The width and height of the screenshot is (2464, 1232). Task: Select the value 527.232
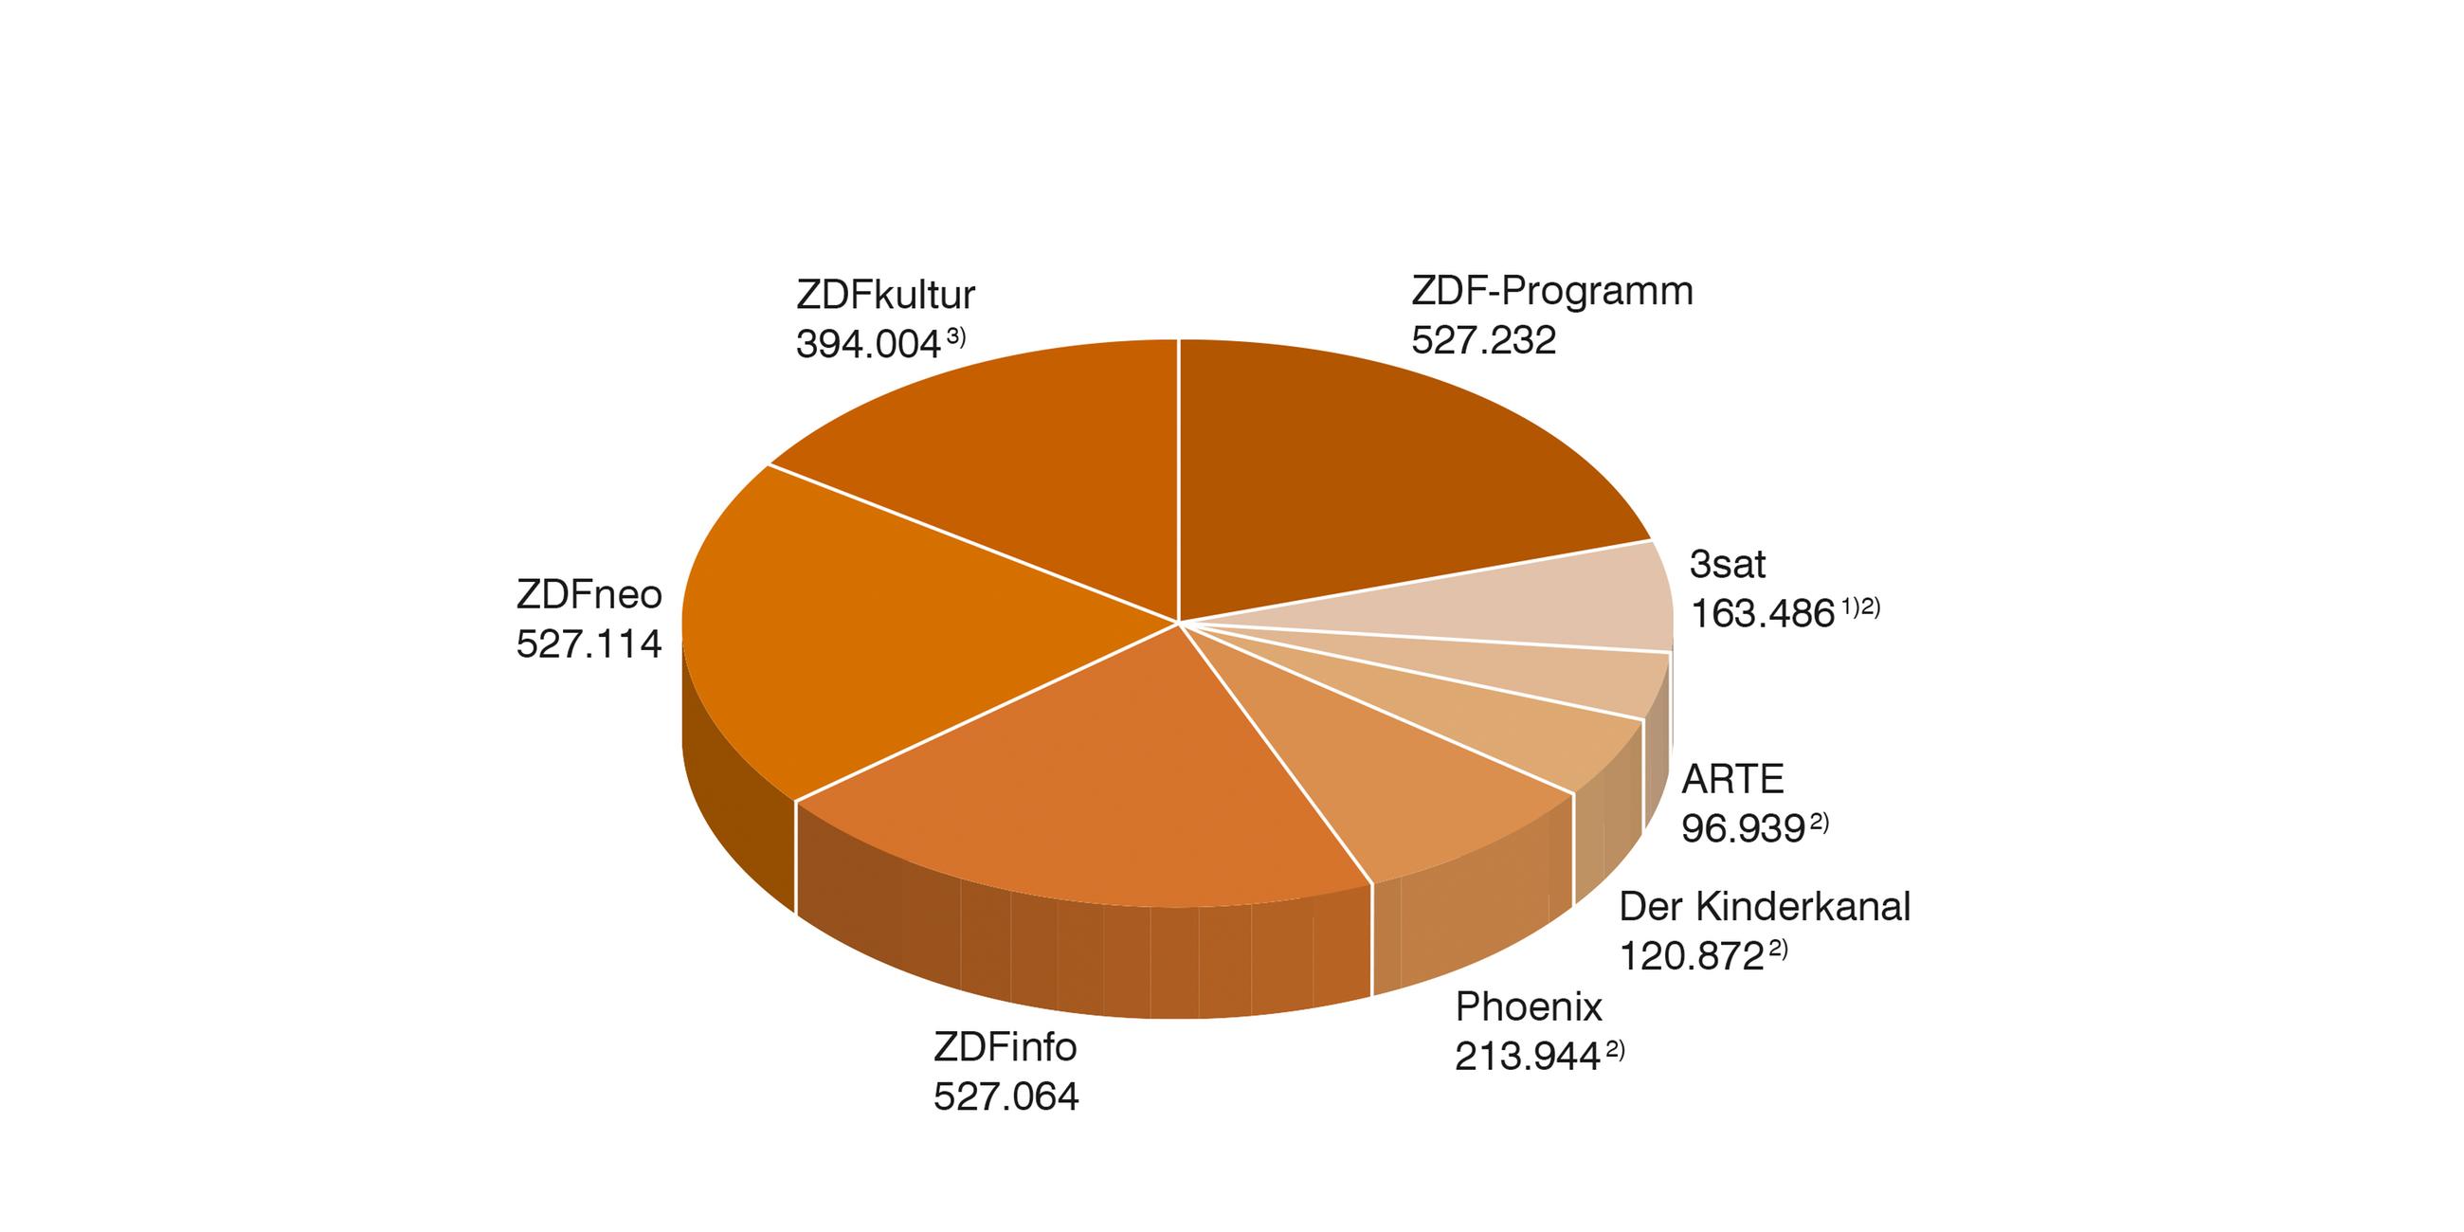pos(1483,340)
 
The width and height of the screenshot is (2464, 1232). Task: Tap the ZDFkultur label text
pos(885,296)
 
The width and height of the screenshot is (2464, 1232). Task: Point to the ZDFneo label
pos(589,595)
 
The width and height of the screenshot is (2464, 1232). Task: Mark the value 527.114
pos(589,643)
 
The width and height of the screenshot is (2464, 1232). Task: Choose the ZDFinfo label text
pos(1006,1047)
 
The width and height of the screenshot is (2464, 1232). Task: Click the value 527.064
pos(1006,1096)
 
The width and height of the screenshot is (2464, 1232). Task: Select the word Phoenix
pos(1529,1007)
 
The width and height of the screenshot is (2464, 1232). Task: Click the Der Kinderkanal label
pos(1764,907)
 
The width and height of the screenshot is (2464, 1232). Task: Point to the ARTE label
pos(1733,780)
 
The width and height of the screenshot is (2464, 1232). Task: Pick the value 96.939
pos(1743,829)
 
